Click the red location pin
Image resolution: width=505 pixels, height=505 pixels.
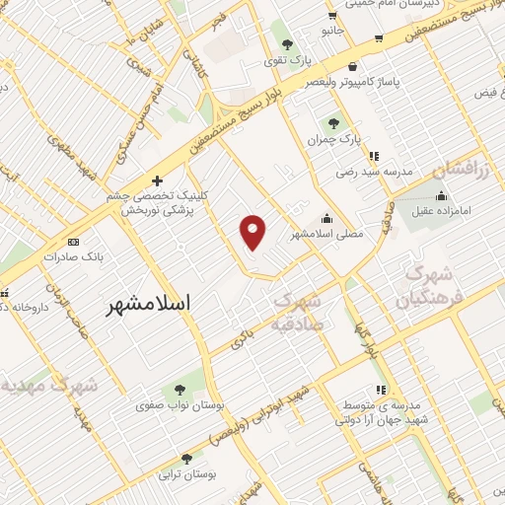pyautogui.click(x=253, y=230)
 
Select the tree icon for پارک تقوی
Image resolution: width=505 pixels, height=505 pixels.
pyautogui.click(x=288, y=44)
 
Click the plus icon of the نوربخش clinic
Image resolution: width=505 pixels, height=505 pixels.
pyautogui.click(x=157, y=180)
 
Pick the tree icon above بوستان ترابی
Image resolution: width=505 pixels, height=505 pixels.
pyautogui.click(x=187, y=458)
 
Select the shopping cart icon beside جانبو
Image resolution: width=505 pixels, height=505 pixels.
pyautogui.click(x=332, y=15)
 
